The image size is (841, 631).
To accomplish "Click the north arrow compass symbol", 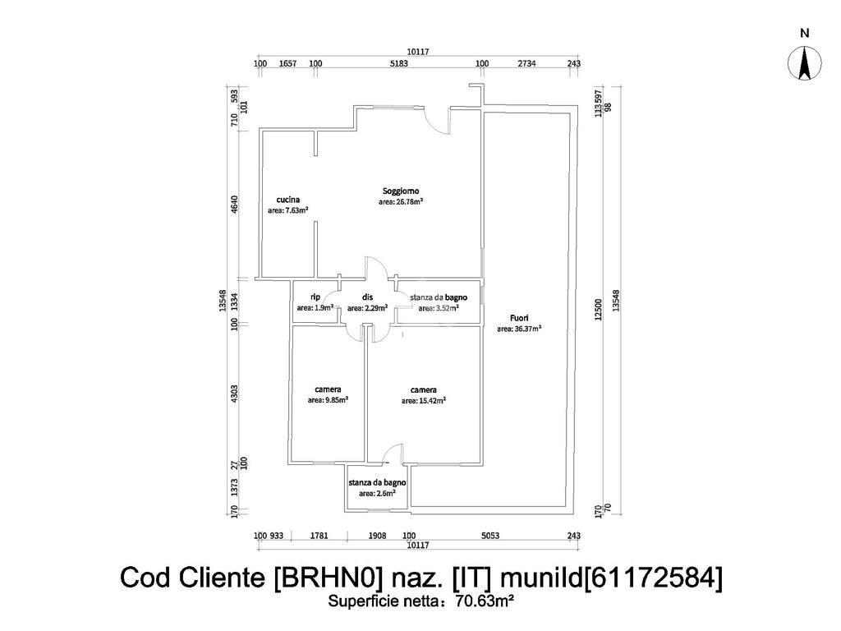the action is coord(805,63).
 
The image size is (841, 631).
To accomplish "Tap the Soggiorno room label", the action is coord(401,191).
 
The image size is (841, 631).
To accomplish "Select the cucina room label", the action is coord(287,200).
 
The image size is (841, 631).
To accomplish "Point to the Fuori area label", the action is coord(519,318).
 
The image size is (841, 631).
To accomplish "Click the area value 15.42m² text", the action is coord(424,401).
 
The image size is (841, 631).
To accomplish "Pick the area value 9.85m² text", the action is coord(328,400).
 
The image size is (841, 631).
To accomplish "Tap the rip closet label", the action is coord(315,297).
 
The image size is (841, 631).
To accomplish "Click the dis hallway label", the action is coord(367,297).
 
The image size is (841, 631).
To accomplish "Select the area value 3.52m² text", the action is coord(438,309).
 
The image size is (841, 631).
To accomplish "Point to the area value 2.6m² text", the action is coord(377,494).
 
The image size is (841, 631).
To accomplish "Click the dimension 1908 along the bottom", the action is coord(377,536).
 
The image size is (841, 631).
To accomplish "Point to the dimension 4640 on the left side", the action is coord(234,204).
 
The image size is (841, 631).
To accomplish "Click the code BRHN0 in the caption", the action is coord(328,578).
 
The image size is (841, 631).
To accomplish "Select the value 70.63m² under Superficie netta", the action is coord(485,601).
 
